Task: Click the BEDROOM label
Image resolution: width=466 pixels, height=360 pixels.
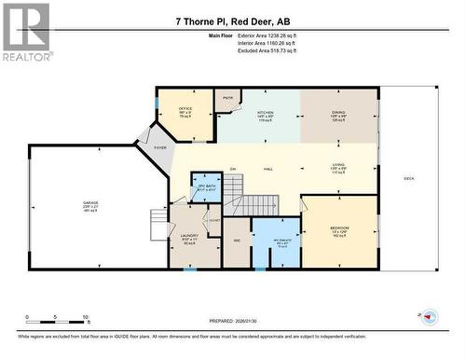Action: click(339, 228)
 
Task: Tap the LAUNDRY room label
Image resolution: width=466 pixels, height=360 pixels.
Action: click(187, 237)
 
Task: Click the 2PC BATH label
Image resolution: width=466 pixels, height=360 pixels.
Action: click(205, 187)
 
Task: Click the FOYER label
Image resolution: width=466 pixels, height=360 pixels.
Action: click(159, 147)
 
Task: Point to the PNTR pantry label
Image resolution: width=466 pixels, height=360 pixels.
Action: click(227, 96)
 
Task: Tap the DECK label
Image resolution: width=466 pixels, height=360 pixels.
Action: click(408, 178)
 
